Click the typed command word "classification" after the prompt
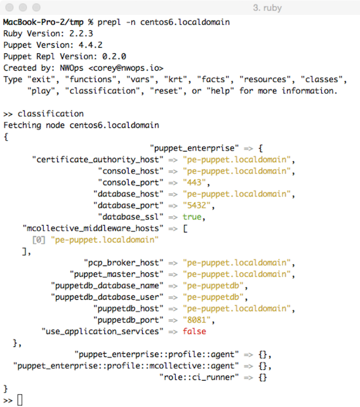pyautogui.click(x=51, y=114)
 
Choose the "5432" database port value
pyautogui.click(x=198, y=205)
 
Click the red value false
pyautogui.click(x=194, y=331)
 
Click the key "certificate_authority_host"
pyautogui.click(x=98, y=159)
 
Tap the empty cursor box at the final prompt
pyautogui.click(x=20, y=400)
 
